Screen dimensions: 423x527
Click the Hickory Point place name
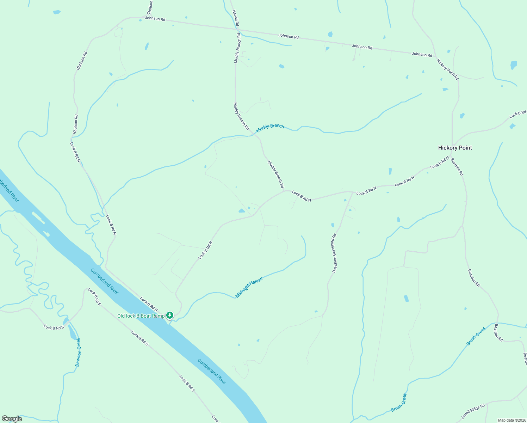(455, 148)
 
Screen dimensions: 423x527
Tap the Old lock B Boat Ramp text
(141, 316)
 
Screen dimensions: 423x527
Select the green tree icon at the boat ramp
(170, 315)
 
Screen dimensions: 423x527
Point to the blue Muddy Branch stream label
(270, 128)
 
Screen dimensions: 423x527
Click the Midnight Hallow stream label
(249, 287)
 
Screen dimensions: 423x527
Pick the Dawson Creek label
(78, 352)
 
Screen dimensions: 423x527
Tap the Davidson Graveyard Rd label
(335, 253)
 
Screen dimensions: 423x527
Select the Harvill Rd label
(236, 18)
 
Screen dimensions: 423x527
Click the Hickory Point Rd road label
(447, 69)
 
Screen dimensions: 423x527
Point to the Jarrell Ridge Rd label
(473, 411)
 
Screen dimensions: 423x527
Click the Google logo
(12, 419)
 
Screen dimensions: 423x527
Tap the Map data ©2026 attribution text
(511, 420)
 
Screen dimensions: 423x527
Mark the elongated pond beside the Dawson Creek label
(72, 332)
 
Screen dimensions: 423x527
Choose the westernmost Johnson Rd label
(155, 18)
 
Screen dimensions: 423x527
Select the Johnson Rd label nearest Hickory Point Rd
(422, 54)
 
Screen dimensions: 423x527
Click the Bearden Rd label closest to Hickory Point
(457, 167)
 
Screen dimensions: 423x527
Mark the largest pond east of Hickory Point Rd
(514, 65)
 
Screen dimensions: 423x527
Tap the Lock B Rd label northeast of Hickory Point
(517, 114)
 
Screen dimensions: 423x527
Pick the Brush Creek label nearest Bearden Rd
(476, 336)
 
